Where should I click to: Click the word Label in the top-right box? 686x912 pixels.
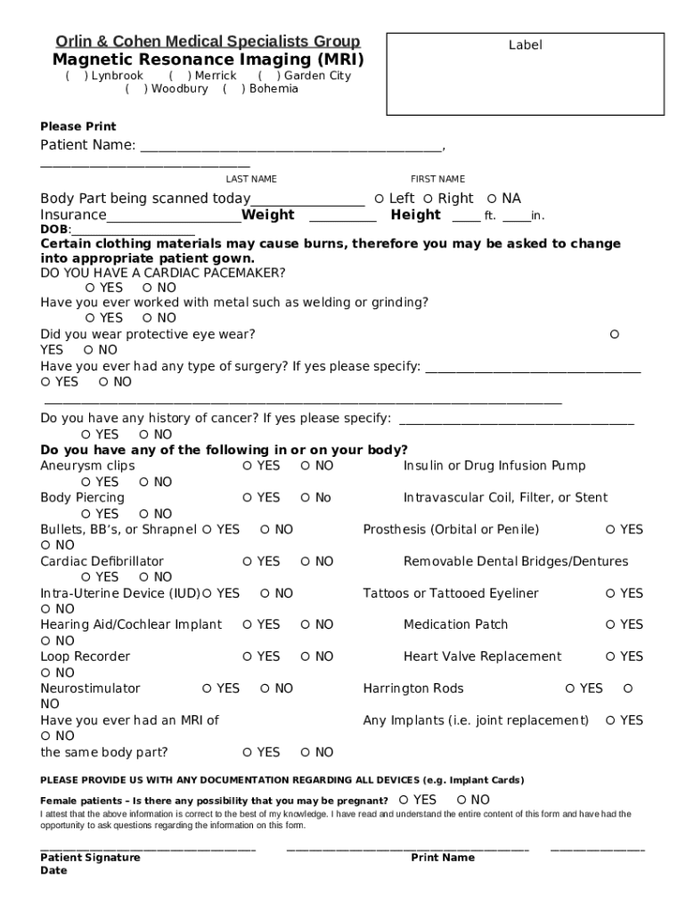525,45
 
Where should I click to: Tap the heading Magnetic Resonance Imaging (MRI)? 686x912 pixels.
208,60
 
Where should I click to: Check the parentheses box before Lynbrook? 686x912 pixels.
76,77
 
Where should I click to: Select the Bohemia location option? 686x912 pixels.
233,89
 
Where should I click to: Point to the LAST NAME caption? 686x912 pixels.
250,179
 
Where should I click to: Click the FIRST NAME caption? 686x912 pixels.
437,179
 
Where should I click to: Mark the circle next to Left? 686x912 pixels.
380,199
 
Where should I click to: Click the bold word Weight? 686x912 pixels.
268,215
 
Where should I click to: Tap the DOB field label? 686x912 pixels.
54,230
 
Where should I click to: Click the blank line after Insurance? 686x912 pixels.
174,217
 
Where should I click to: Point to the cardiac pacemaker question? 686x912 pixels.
163,273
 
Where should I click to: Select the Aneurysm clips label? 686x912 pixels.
87,466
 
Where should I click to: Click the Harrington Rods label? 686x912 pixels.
413,688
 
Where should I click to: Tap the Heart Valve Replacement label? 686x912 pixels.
482,656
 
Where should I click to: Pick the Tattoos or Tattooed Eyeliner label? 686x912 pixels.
451,593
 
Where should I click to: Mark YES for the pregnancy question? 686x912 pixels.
404,800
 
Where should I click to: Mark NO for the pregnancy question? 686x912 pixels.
461,800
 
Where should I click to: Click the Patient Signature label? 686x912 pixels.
90,858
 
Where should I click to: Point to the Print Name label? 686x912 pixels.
442,858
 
